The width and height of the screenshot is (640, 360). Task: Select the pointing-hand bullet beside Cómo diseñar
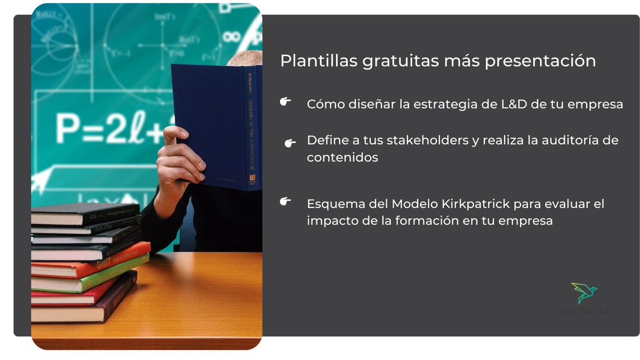pos(285,101)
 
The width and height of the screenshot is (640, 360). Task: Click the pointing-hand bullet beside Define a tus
pos(290,142)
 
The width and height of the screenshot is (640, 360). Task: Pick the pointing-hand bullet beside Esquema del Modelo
pos(285,201)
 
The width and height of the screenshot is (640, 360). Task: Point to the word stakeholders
pos(431,141)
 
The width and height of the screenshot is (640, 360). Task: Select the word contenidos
pos(342,158)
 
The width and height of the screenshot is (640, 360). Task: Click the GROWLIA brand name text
pos(585,311)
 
